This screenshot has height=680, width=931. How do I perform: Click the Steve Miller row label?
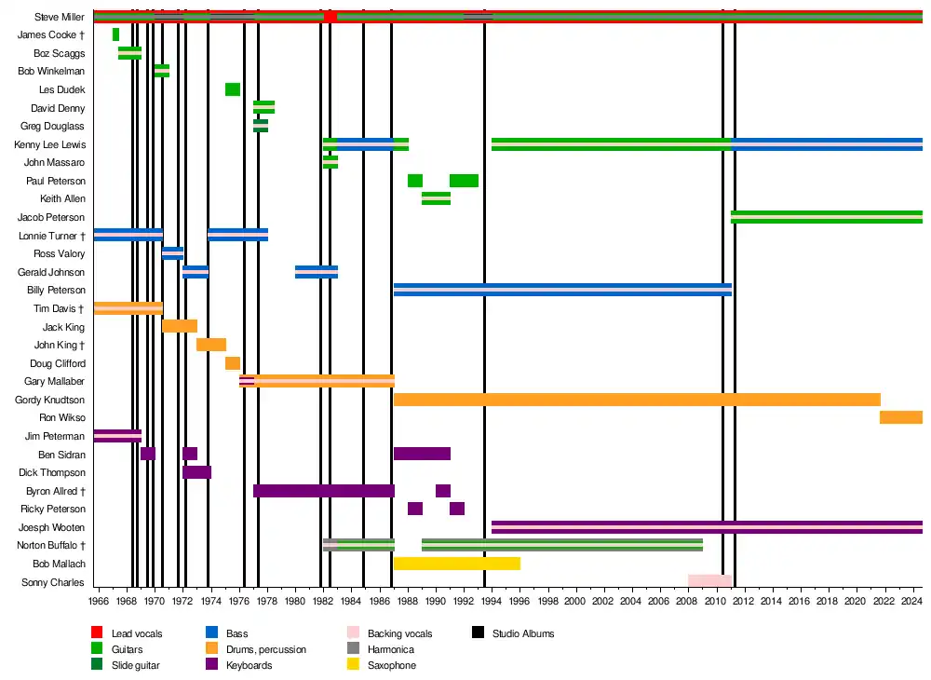coord(59,17)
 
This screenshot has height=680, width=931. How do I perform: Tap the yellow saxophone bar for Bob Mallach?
coord(456,564)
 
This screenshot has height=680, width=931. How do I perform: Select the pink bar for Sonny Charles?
coord(709,581)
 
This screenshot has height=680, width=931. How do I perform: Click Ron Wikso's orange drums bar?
coord(900,417)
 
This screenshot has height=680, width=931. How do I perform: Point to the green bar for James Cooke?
coord(115,34)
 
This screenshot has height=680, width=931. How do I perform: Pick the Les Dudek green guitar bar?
coord(233,89)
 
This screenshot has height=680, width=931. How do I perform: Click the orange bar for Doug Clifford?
coord(233,363)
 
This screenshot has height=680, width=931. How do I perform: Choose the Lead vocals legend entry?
coord(136,634)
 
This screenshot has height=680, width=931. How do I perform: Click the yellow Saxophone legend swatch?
coord(353,665)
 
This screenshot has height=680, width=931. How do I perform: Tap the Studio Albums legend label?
coord(523,634)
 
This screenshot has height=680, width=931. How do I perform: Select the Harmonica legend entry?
coord(391,649)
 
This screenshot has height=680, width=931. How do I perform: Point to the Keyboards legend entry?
coord(250,665)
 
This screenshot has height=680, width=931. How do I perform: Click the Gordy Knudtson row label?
coord(50,400)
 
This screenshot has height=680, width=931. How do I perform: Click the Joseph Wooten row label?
coord(52,527)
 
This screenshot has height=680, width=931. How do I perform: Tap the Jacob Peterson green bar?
coord(826,217)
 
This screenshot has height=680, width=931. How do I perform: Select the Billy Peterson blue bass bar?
coord(562,290)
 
